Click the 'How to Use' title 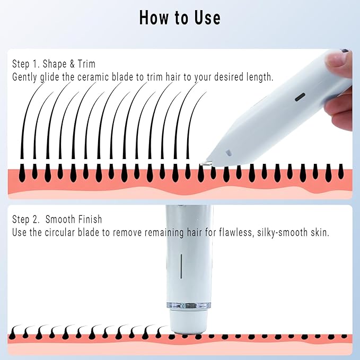click(x=180, y=18)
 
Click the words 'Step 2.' click(x=27, y=219)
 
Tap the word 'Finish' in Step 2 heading click(x=89, y=219)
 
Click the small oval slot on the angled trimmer click(x=300, y=97)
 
